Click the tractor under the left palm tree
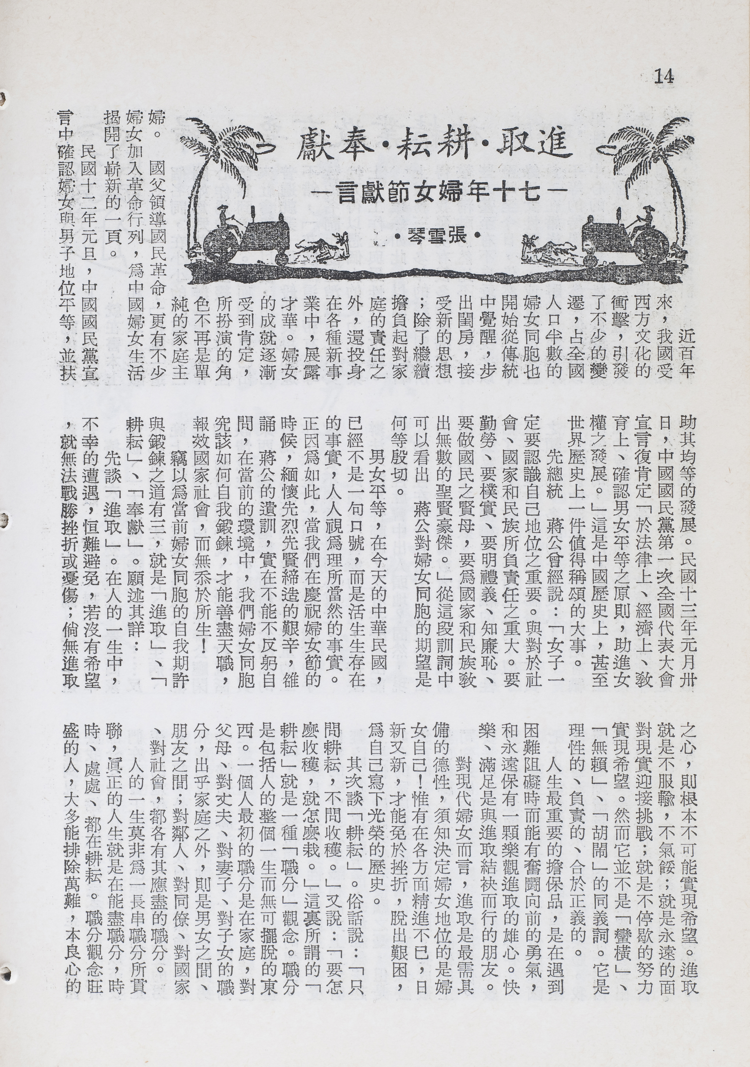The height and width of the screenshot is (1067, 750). [x=246, y=237]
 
